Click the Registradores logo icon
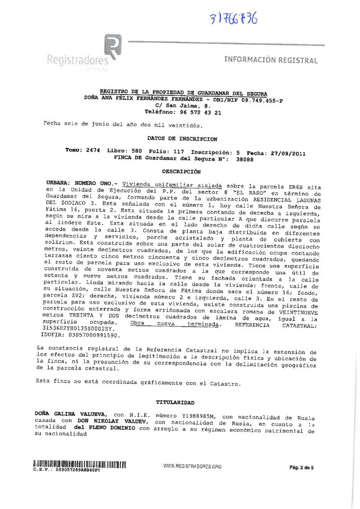coord(113,46)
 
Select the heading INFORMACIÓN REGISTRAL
coord(271,61)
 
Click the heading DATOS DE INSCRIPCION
coord(182,138)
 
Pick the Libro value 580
coord(135,152)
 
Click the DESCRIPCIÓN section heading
coord(181,172)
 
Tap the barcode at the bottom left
coord(79,464)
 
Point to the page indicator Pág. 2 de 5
coord(301,467)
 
